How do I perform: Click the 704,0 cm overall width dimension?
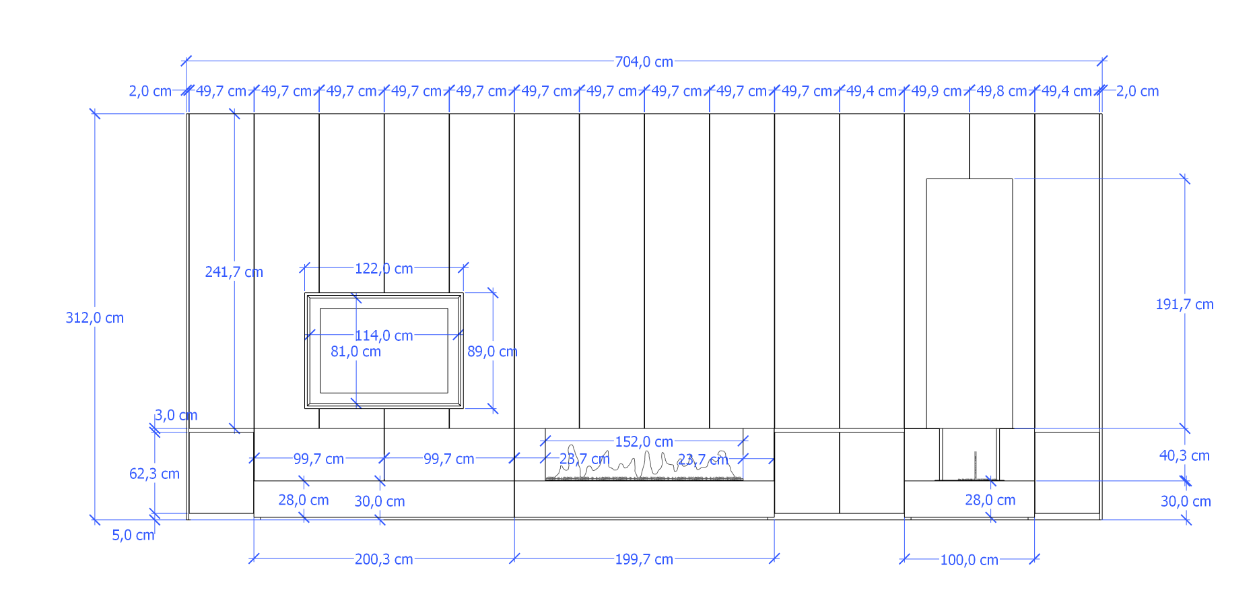[644, 62]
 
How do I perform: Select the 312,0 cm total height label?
[95, 318]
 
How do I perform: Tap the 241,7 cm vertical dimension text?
[234, 272]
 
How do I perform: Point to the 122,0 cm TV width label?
[384, 269]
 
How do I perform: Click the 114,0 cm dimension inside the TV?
[384, 335]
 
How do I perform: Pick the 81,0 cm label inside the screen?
[355, 352]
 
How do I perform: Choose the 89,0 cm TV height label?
[492, 352]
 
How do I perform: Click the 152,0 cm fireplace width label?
[644, 442]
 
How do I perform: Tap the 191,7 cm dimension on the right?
[1185, 304]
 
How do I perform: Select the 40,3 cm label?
[1184, 455]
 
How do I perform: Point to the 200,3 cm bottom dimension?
[384, 559]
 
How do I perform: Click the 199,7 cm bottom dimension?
[644, 559]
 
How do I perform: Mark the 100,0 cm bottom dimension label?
[969, 560]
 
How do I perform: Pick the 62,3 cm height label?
[154, 474]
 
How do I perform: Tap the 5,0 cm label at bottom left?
[133, 535]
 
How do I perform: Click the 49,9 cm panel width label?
[937, 91]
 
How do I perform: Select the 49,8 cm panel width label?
[1002, 91]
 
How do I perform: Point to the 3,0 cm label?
[176, 415]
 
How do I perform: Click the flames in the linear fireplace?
[644, 463]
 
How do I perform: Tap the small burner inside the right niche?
[974, 467]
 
